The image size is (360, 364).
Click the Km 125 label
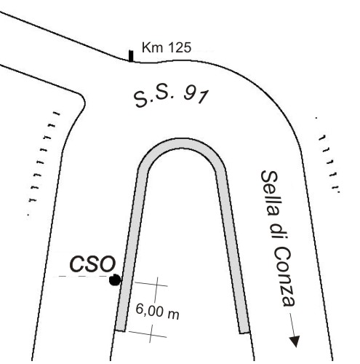(167, 47)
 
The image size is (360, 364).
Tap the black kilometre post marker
(131, 56)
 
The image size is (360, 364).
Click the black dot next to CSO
(115, 280)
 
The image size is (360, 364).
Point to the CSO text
(92, 264)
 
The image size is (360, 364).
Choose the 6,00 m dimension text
(157, 312)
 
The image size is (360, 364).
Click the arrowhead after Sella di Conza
(295, 341)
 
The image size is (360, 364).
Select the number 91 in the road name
(196, 95)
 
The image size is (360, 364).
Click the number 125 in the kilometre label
(179, 47)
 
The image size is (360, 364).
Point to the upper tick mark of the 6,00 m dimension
(151, 284)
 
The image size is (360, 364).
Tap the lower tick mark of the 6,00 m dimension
(147, 334)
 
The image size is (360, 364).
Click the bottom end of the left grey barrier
(120, 330)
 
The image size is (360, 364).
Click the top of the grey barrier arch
(183, 143)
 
